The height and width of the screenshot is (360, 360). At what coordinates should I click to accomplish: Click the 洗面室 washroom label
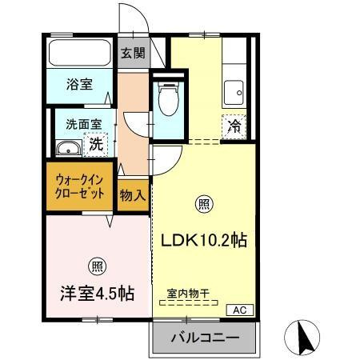click(78, 124)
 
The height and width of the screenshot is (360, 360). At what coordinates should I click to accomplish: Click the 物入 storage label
click(133, 194)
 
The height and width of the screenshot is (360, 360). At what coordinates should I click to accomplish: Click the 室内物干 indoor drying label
click(188, 294)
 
